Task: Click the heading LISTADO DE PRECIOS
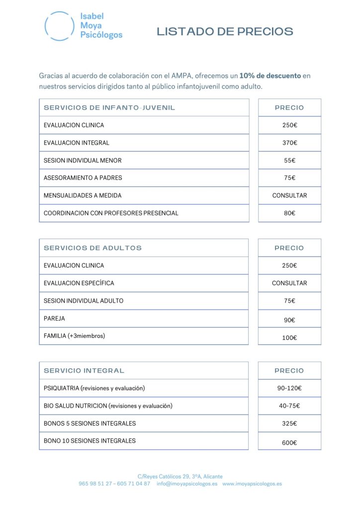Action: pos(225,32)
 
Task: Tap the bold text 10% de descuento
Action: pos(270,76)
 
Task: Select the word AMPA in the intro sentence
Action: pos(182,76)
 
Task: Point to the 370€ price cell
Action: pos(289,143)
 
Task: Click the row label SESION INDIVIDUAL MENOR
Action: pos(83,161)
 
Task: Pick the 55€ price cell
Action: pos(289,161)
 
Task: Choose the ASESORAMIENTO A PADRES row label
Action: pos(83,178)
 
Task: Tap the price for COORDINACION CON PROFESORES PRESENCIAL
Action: pos(289,213)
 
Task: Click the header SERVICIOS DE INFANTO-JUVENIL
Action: pos(109,108)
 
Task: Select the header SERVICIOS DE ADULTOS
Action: pos(92,248)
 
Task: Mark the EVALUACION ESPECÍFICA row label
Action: pos(79,283)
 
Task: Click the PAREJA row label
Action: pos(54,319)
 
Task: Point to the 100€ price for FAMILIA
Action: pos(289,338)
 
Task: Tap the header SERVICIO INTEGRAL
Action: pos(84,371)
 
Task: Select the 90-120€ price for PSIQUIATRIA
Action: pos(289,388)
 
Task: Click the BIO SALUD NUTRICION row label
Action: pos(108,406)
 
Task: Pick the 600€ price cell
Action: pos(289,443)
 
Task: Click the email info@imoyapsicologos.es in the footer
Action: pos(187,484)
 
